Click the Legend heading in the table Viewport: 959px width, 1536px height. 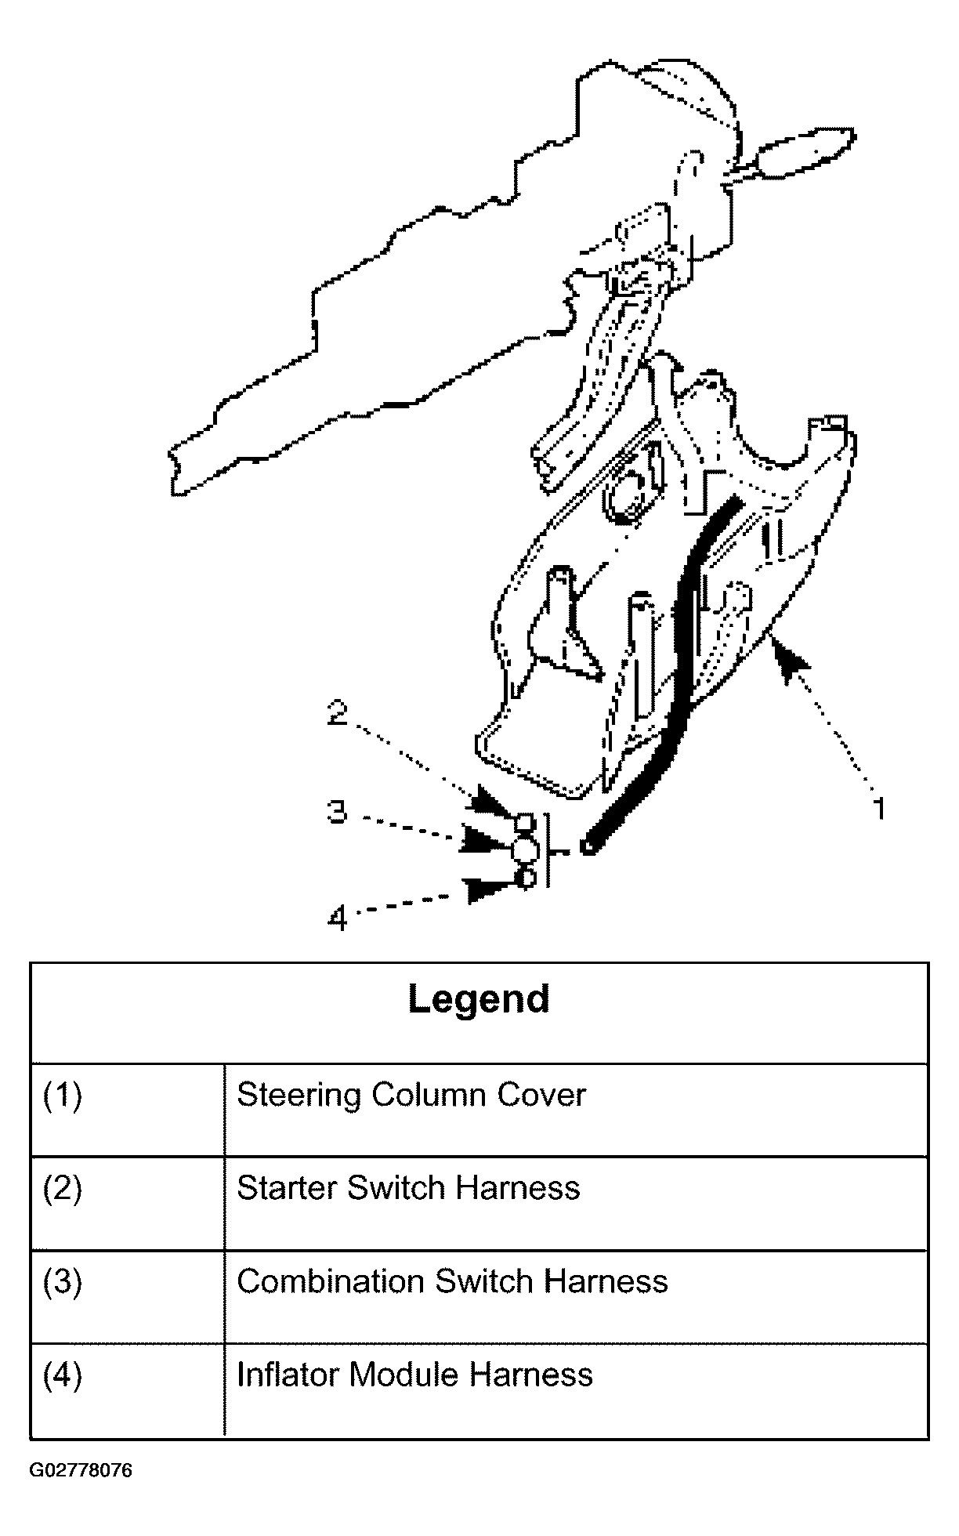[479, 999]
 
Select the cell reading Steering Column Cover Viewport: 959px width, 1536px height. [411, 1095]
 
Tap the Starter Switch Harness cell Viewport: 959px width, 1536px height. [408, 1188]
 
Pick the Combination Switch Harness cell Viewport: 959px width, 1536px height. [452, 1281]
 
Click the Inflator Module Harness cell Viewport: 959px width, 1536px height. [414, 1375]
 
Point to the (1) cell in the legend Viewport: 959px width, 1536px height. [62, 1095]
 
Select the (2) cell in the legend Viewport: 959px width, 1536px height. [62, 1188]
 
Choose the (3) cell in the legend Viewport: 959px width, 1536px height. [62, 1281]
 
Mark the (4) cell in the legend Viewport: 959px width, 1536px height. [62, 1375]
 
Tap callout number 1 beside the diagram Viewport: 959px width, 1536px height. [879, 807]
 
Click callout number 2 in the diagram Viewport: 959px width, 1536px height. [338, 713]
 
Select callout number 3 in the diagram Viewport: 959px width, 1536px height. [337, 812]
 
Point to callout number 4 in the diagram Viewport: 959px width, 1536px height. [337, 917]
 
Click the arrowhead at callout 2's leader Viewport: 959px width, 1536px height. [492, 804]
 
